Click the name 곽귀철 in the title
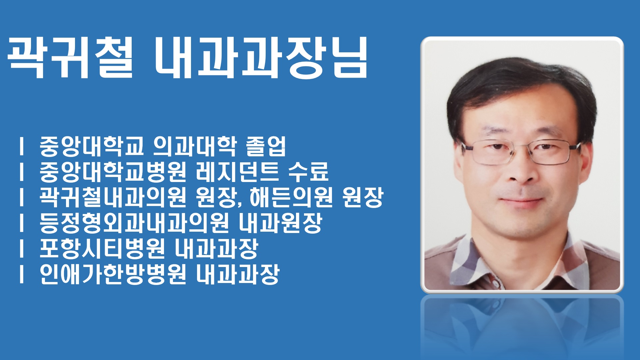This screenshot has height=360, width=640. click(70, 57)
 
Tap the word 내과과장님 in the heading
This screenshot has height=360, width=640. click(261, 57)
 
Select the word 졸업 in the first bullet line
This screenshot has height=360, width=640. click(266, 146)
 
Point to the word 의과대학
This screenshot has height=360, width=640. click(194, 146)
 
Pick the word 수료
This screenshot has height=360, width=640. click(308, 172)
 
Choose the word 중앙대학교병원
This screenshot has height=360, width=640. click(113, 172)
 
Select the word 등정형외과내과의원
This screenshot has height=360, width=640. click(134, 223)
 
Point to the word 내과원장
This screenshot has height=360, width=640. click(280, 223)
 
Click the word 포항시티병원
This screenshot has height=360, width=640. click(102, 249)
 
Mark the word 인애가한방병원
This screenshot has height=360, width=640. click(113, 274)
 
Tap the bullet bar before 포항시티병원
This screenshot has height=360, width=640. click(22, 249)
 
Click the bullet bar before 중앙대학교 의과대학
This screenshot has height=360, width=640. click(22, 146)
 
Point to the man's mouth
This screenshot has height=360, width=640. click(521, 201)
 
